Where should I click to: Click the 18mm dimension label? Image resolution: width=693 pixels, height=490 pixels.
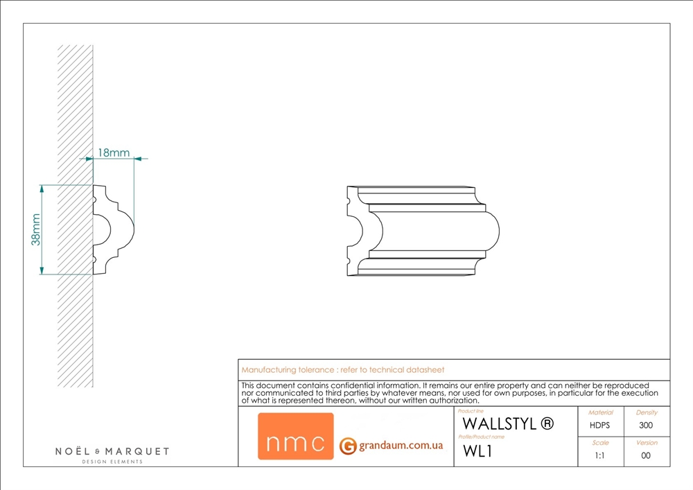(114, 152)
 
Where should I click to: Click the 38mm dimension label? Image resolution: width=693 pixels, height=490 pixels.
(35, 229)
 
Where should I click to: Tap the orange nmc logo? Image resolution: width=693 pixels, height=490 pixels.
(295, 437)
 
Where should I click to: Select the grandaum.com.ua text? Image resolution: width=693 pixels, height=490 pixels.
(401, 446)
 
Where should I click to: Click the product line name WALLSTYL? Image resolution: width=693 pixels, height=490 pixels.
(499, 423)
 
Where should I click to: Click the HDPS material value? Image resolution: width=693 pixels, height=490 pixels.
(600, 426)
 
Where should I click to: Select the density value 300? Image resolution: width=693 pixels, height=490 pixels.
(646, 426)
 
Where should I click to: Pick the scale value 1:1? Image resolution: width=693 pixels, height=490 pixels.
(600, 456)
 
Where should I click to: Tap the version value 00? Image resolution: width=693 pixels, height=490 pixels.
(646, 456)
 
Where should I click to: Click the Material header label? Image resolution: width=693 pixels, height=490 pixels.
(600, 412)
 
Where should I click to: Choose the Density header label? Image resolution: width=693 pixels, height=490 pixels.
(646, 412)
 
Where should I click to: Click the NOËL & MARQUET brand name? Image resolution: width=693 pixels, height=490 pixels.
(112, 451)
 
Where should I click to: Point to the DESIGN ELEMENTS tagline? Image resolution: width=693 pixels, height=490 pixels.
(112, 462)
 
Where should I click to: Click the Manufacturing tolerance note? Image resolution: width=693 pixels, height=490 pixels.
(343, 370)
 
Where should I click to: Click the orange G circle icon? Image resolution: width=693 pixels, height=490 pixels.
(348, 446)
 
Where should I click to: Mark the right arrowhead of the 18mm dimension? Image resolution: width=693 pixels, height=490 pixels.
(137, 159)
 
